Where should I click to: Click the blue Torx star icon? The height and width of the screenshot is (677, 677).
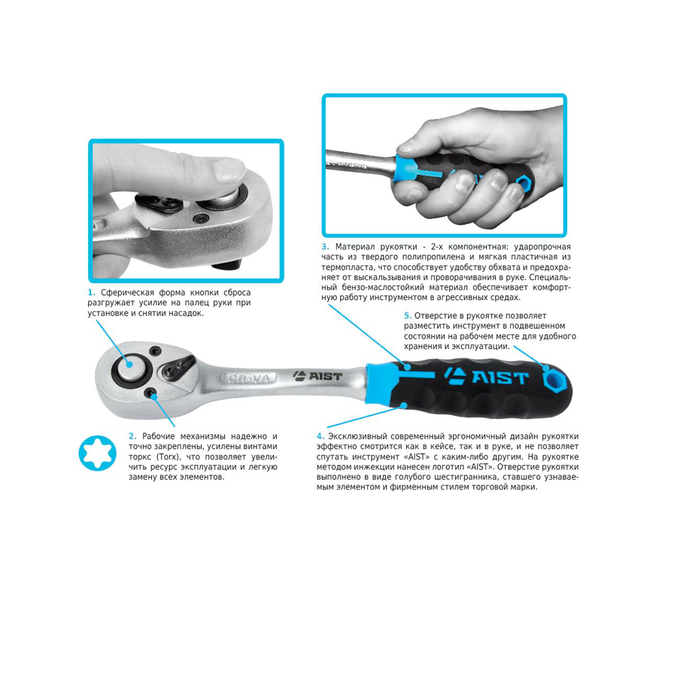(x=98, y=453)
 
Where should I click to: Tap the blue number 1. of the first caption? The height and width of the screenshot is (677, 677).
(x=91, y=293)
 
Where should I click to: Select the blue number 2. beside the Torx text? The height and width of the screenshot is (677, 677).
(x=132, y=436)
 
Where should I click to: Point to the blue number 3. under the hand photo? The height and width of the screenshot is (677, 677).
(x=325, y=247)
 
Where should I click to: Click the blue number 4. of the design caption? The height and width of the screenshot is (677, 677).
(x=320, y=436)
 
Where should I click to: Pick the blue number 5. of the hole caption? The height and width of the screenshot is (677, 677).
(x=408, y=316)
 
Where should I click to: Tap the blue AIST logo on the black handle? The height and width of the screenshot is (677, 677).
(x=486, y=377)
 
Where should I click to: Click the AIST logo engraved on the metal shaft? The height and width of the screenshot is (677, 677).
(x=317, y=376)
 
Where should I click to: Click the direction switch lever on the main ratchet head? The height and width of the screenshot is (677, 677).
(x=178, y=366)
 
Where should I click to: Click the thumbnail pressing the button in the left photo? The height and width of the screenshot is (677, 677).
(x=229, y=170)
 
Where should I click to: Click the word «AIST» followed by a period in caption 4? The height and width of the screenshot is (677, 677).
(x=480, y=466)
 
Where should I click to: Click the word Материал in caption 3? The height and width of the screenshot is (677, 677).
(x=355, y=247)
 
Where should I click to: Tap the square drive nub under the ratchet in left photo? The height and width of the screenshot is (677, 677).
(x=227, y=264)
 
